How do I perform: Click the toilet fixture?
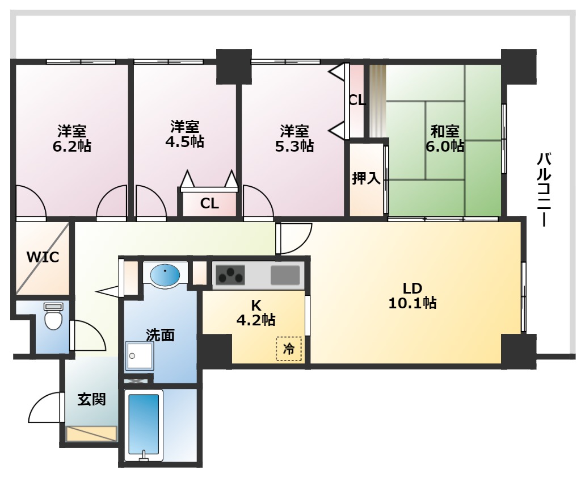[x=53, y=316]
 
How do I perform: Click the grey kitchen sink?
[x=285, y=275]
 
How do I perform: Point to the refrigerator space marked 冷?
[x=289, y=349]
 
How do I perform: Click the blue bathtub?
[x=144, y=425]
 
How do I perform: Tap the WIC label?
[x=43, y=257]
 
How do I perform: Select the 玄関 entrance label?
[x=91, y=399]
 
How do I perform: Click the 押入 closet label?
[x=366, y=178]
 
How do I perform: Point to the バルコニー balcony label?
[x=544, y=190]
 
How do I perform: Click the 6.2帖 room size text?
[x=71, y=146]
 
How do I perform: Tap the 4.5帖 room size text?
[x=184, y=141]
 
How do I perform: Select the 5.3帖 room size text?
[x=294, y=145]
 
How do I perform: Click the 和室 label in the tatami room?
[x=445, y=131]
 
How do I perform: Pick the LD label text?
[x=413, y=288]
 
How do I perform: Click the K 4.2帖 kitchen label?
[x=256, y=313]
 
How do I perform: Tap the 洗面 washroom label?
[x=160, y=335]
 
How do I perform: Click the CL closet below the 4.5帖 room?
[x=209, y=203]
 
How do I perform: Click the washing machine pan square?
[x=140, y=355]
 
